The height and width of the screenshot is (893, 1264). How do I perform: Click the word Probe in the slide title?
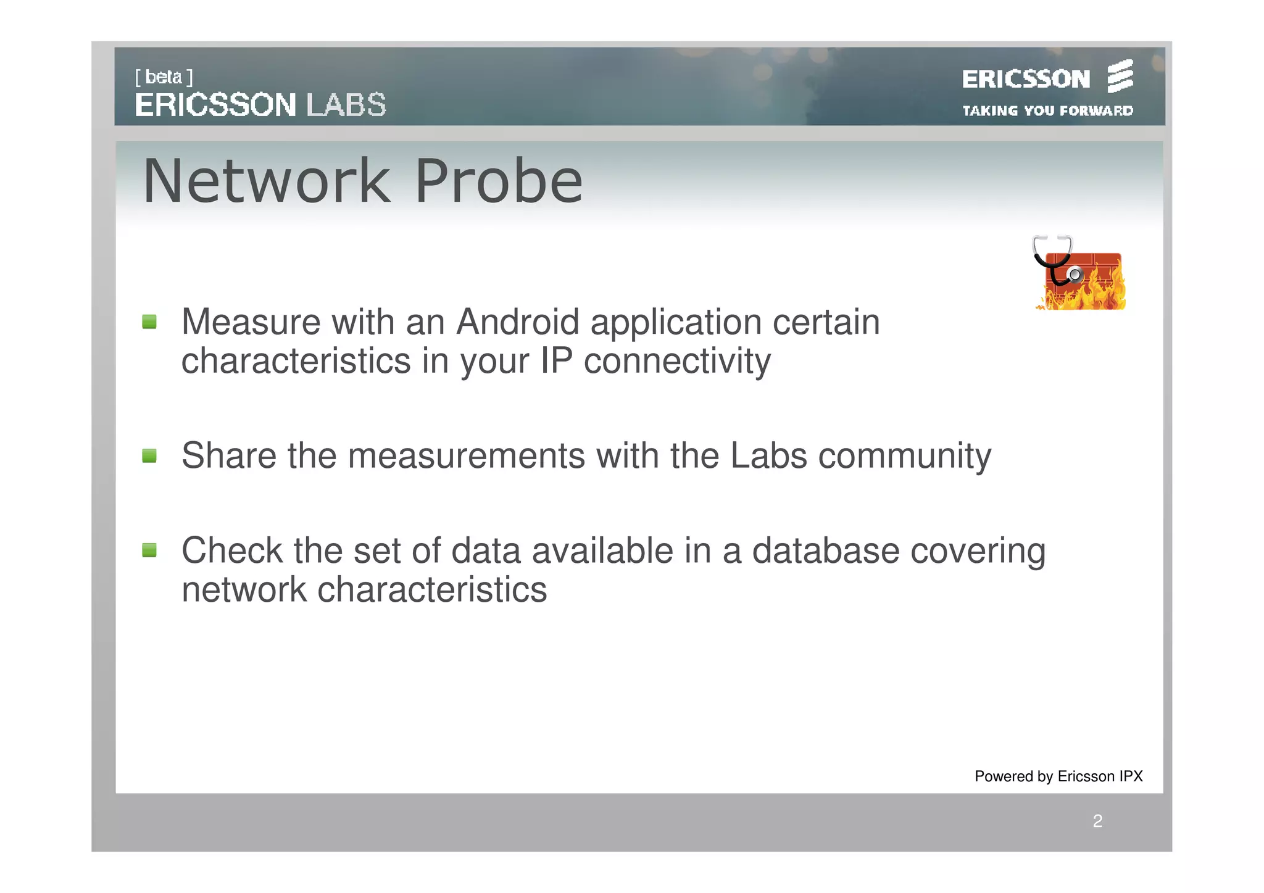click(x=499, y=181)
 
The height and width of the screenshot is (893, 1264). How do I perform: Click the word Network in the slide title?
click(x=267, y=181)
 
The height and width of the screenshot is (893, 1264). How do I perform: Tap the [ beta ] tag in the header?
click(x=164, y=77)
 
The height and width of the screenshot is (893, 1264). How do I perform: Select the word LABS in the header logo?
click(x=346, y=105)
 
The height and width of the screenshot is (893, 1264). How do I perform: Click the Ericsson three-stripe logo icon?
click(x=1120, y=76)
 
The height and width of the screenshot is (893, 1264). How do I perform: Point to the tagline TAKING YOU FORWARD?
click(x=1047, y=111)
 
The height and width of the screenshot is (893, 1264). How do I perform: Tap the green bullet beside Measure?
click(x=149, y=322)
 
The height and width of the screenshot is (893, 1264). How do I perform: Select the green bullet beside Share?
click(x=149, y=456)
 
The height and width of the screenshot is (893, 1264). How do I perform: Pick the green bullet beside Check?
click(x=149, y=550)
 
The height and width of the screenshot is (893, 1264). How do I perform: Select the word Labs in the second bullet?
click(x=768, y=456)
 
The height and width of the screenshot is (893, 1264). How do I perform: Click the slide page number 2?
click(x=1097, y=821)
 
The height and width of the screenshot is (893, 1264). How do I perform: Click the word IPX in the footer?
click(x=1131, y=776)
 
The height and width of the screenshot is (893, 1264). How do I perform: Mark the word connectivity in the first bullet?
click(x=677, y=362)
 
